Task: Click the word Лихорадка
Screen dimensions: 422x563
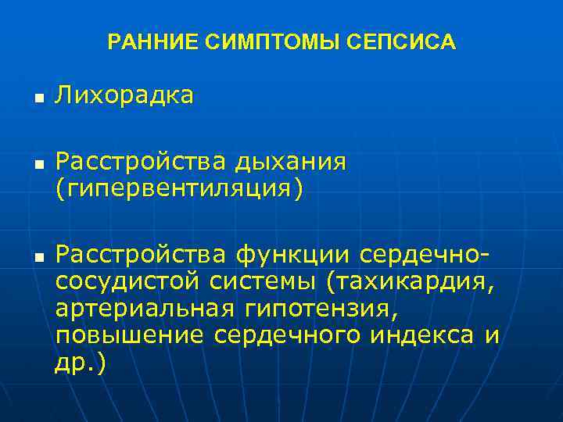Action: tap(124, 96)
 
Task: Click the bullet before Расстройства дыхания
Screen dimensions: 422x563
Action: tap(36, 166)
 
